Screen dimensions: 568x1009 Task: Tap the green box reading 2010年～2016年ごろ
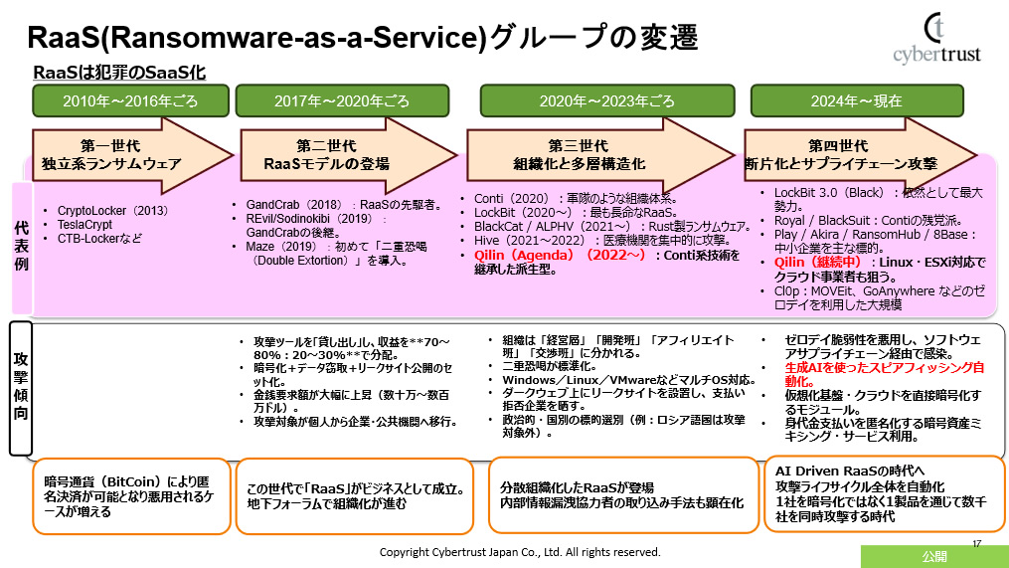tap(129, 100)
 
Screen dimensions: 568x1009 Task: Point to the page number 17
tap(976, 542)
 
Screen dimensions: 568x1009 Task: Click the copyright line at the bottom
tap(520, 551)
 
